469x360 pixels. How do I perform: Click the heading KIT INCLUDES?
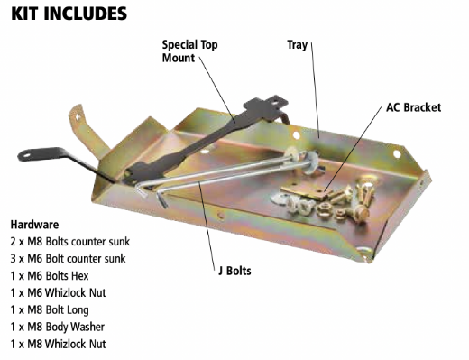pos(69,14)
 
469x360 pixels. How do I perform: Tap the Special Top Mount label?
pos(189,51)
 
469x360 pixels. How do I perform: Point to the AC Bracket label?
pos(413,107)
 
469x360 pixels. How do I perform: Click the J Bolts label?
pos(237,270)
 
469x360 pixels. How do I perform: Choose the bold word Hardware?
pos(35,224)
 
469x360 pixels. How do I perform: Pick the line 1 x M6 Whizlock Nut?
pos(60,292)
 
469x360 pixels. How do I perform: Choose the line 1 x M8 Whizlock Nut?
pos(60,344)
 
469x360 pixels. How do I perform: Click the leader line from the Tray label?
pos(316,90)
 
